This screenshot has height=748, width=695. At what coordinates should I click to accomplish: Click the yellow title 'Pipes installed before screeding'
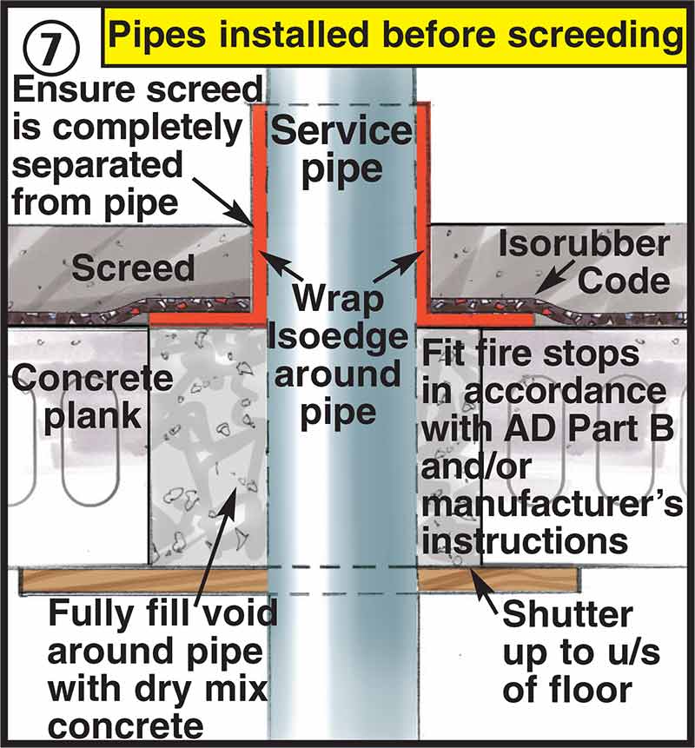(395, 37)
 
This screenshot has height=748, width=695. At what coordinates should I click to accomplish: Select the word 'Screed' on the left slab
(133, 268)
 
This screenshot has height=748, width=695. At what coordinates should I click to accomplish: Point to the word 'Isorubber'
(584, 246)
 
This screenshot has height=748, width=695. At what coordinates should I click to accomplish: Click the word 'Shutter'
(567, 615)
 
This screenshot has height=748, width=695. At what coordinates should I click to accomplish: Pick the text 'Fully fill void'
(162, 615)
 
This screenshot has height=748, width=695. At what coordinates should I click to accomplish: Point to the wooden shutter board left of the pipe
(139, 579)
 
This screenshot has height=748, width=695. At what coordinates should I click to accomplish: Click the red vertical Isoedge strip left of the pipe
(258, 209)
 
